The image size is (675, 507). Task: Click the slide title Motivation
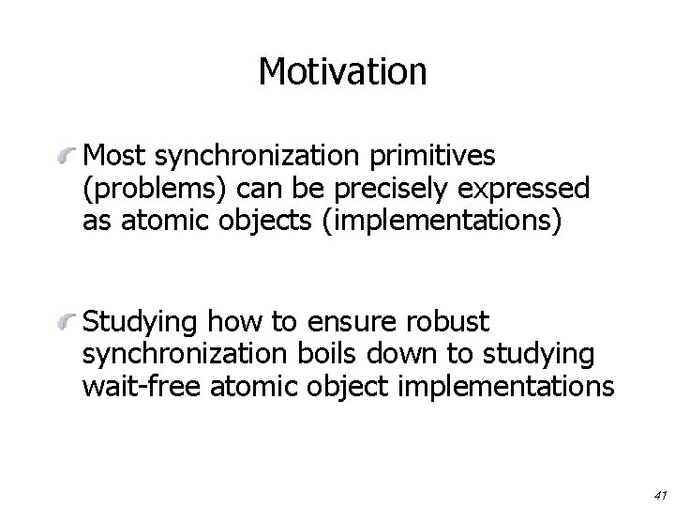[x=342, y=70]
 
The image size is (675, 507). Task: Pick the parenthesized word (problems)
[x=157, y=190]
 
